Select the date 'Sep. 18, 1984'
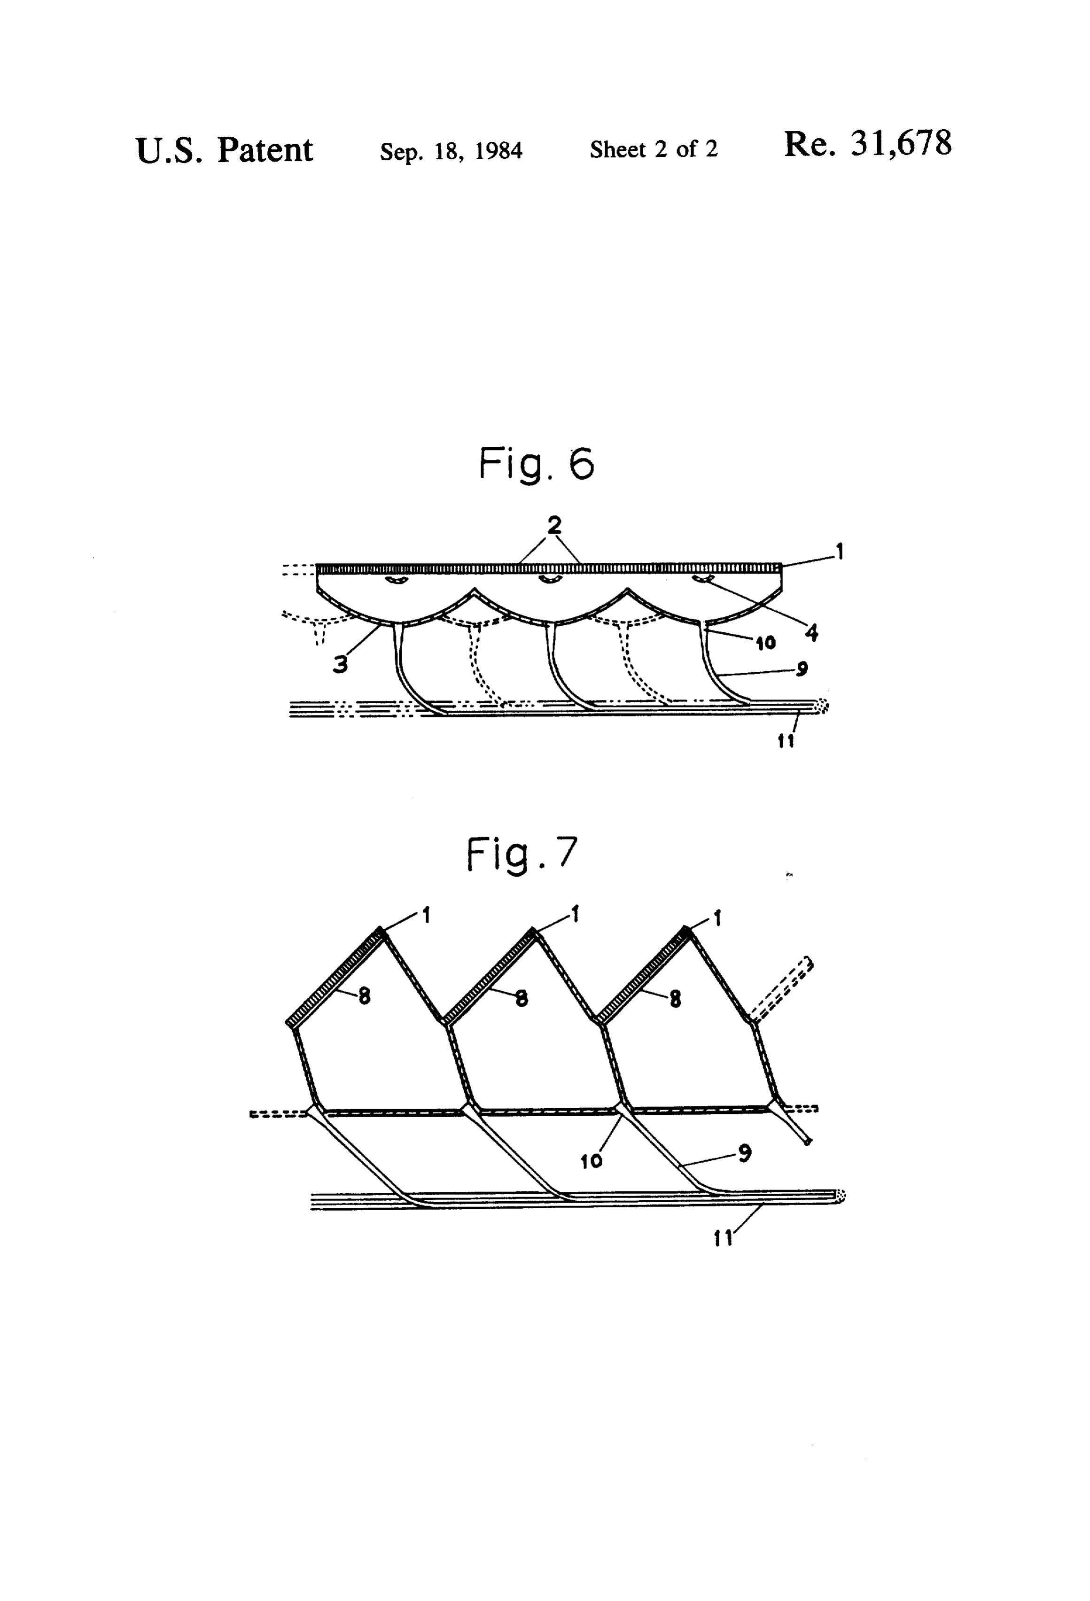click(452, 151)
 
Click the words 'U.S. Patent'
click(225, 150)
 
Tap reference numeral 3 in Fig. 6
click(340, 664)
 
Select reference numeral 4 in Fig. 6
click(812, 632)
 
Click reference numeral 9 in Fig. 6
click(802, 668)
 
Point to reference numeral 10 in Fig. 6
click(765, 643)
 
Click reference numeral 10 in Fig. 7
click(591, 1161)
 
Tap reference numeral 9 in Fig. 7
click(744, 1152)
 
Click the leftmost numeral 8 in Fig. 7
click(365, 996)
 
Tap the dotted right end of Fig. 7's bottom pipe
click(840, 1197)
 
